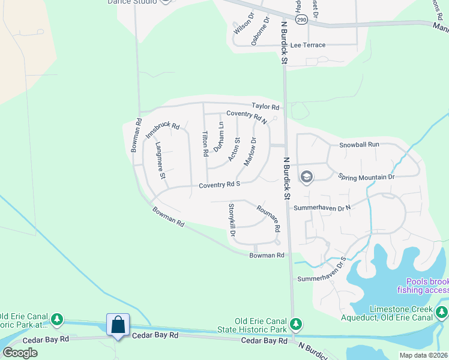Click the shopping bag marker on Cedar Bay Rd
118,325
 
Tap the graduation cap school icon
306,176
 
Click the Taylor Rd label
266,107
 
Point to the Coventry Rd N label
247,116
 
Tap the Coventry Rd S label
220,185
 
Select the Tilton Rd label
205,145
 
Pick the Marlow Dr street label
250,152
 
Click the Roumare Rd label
268,218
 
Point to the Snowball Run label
360,145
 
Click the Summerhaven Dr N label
322,208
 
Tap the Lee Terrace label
308,46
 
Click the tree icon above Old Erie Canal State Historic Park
295,325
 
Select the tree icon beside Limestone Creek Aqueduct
442,312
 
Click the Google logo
20,353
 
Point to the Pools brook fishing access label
427,286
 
